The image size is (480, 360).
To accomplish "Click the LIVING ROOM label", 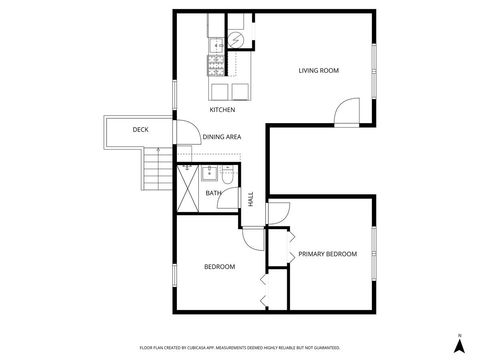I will tap(319, 70).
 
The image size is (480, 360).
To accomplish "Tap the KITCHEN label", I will tap(222, 109).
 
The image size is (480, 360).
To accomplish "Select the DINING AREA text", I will tap(221, 137).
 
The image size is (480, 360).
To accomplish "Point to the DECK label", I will tap(141, 130).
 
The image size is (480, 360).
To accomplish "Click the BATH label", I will tap(213, 193).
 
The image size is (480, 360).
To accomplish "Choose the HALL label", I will tap(250, 199).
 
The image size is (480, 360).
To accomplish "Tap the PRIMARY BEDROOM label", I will tap(328, 254).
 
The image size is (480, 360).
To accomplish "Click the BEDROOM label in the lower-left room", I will tap(219, 266).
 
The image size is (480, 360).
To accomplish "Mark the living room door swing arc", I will tap(346, 110).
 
